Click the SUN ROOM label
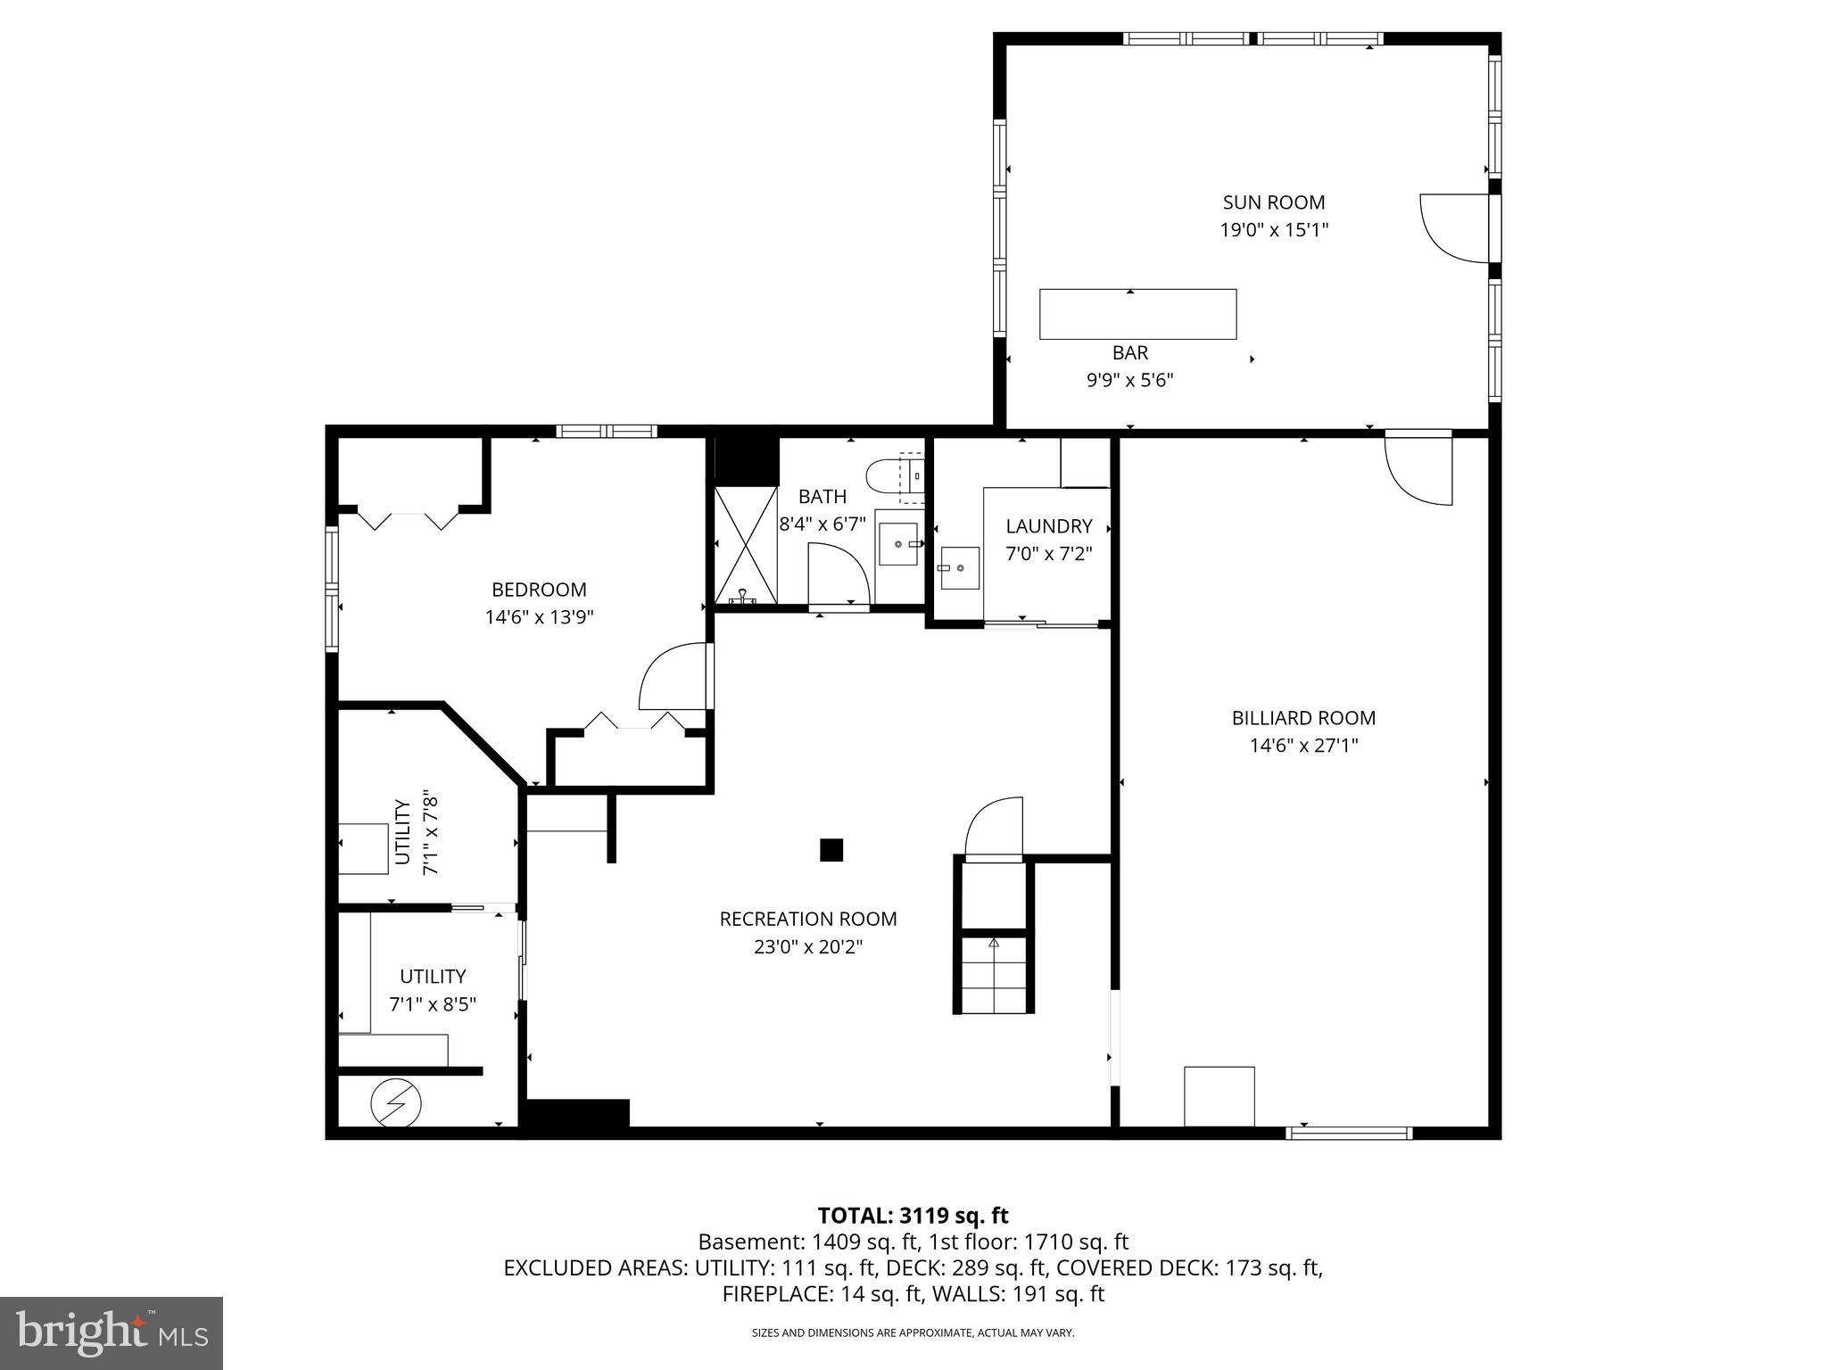point(1273,202)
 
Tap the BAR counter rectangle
point(1137,314)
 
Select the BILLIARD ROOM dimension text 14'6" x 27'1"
point(1303,746)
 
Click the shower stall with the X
point(746,545)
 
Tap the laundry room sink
point(958,568)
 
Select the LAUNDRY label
point(1048,526)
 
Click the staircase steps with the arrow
point(994,973)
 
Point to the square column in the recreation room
point(831,850)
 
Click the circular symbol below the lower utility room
point(396,1104)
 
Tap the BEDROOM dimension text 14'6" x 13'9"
point(539,617)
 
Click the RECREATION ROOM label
point(808,919)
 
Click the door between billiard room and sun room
point(1418,468)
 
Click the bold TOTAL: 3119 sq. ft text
point(913,1216)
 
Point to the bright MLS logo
point(112,1332)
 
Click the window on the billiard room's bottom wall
point(1348,1133)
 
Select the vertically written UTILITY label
point(402,832)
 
